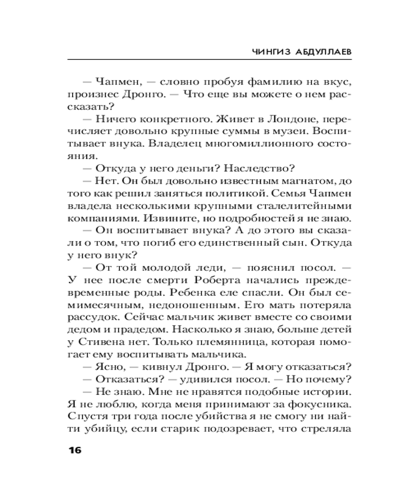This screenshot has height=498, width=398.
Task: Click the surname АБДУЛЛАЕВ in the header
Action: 325,51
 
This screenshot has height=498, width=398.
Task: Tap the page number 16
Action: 72,450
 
